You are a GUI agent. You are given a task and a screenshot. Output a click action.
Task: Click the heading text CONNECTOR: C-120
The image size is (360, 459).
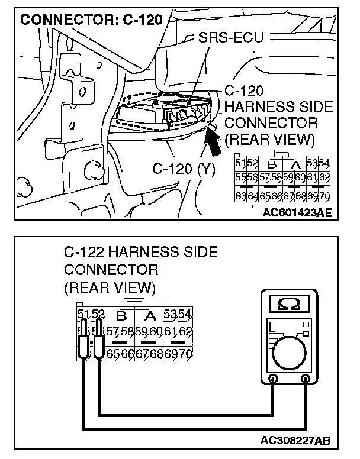[91, 20]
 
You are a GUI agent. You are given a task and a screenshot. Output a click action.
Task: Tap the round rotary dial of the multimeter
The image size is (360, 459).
[290, 354]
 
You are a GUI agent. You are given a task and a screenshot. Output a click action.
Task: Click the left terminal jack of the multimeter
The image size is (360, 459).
[273, 380]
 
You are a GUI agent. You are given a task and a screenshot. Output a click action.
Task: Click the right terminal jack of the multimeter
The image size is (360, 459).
[306, 380]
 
